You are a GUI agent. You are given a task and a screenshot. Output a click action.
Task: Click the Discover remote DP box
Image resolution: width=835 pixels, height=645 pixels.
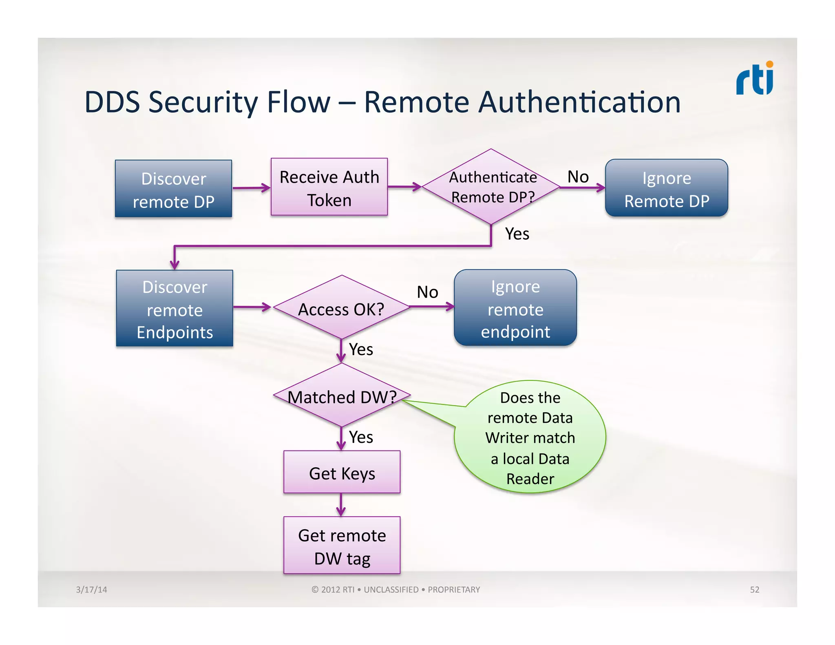[173, 189]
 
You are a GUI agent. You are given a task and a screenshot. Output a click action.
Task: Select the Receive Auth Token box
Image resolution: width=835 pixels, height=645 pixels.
[329, 187]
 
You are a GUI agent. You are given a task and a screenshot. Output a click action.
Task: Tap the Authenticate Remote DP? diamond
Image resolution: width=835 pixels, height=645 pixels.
[491, 187]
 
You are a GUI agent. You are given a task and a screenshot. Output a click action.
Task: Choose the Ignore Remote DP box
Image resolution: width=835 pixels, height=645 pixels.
[666, 188]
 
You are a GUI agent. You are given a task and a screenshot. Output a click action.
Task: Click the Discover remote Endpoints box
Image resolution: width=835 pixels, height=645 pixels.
[175, 309]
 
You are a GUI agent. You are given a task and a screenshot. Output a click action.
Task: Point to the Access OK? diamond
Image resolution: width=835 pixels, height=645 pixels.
[341, 308]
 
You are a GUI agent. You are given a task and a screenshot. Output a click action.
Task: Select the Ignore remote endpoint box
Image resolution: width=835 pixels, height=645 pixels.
[515, 308]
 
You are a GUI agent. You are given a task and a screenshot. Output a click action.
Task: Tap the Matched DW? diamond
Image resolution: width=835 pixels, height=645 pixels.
[342, 395]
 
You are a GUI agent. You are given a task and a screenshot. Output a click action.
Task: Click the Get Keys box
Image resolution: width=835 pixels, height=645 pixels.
[342, 472]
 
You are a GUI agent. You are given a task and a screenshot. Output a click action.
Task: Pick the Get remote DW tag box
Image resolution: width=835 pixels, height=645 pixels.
[342, 546]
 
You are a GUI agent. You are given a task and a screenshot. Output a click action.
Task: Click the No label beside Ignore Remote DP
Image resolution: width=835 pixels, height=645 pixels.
[578, 177]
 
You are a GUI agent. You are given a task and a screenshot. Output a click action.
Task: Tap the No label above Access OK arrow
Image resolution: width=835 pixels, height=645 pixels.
[427, 292]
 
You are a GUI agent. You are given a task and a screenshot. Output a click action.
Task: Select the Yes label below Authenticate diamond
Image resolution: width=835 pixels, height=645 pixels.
[517, 234]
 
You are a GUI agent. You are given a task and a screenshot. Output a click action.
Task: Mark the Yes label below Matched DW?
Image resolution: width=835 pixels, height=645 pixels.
[361, 437]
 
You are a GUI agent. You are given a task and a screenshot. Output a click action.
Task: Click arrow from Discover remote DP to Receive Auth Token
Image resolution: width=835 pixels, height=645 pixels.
[251, 188]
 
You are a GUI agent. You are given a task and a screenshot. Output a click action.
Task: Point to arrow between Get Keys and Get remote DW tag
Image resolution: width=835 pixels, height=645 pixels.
[341, 505]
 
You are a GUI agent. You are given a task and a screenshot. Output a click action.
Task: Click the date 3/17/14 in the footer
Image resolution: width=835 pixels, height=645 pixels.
[91, 590]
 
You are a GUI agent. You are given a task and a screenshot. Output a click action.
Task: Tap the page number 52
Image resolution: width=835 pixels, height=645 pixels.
[754, 590]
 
